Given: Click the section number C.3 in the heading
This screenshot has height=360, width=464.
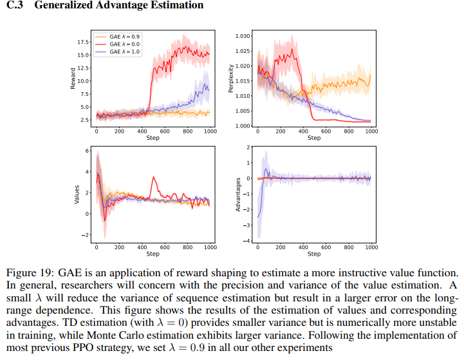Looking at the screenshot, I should click(14, 5).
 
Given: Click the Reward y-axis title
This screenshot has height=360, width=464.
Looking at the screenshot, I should click(73, 77).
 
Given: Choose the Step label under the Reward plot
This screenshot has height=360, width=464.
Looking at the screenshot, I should click(153, 138).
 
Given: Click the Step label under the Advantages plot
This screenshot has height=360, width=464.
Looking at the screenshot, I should click(314, 254).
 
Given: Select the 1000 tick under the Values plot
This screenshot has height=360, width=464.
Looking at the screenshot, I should click(209, 247).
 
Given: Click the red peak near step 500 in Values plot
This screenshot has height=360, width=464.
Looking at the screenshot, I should click(153, 177).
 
